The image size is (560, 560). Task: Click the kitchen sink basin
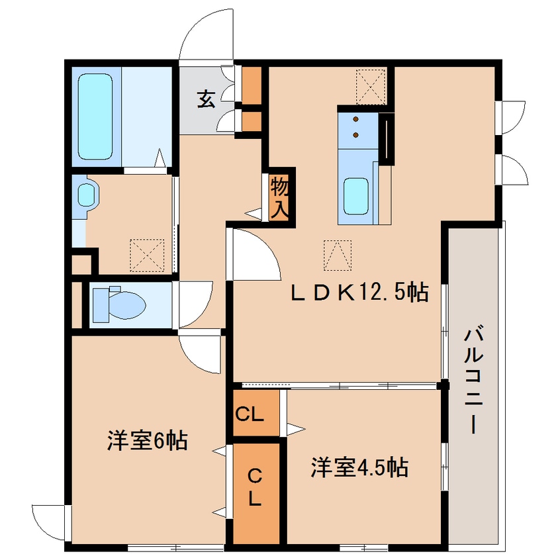point(355,196)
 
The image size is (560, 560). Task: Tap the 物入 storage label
point(280,197)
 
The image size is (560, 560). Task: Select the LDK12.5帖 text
point(359,292)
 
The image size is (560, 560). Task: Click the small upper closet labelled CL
point(251,416)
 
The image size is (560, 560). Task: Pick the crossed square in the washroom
point(146,254)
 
